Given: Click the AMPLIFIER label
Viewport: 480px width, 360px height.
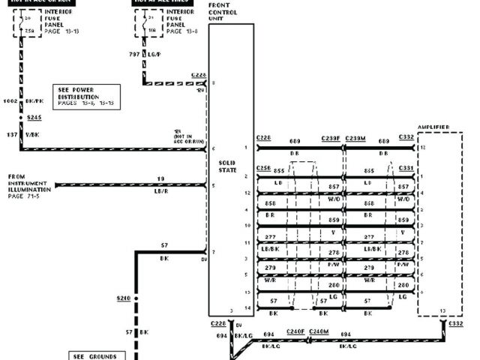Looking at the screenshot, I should (x=433, y=127).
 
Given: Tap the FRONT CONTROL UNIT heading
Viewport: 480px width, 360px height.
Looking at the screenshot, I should (x=224, y=12).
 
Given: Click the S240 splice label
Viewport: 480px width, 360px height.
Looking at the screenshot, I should (x=123, y=298).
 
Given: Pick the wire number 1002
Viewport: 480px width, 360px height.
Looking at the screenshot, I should (x=10, y=100).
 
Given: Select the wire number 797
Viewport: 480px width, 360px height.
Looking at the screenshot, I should (x=133, y=55).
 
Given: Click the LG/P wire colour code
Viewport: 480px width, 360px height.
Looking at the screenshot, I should (x=154, y=55).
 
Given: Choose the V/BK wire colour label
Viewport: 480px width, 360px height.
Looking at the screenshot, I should (x=32, y=133).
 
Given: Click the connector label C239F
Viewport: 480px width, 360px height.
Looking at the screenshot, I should (x=331, y=139).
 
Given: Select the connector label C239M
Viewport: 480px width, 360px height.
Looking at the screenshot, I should (x=356, y=139).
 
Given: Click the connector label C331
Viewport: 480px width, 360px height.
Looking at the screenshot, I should (x=406, y=169).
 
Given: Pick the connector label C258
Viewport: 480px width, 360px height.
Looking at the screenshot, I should (x=264, y=169).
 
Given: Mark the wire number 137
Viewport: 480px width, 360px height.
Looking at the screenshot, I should (x=10, y=133).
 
